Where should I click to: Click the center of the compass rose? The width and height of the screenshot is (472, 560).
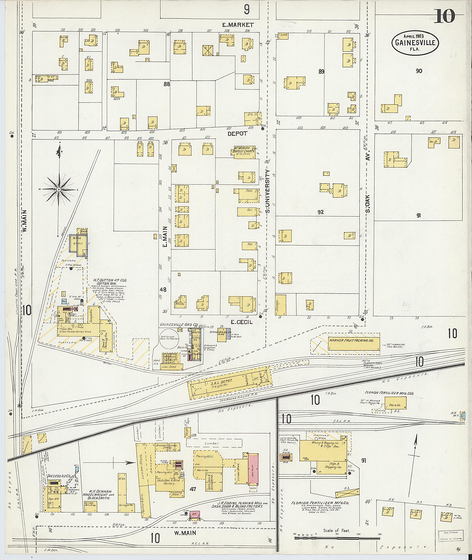tap(59, 190)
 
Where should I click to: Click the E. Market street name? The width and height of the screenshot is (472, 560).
tap(238, 25)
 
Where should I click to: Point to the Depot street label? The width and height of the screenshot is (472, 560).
tap(237, 133)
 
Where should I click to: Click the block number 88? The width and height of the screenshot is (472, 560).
tap(167, 84)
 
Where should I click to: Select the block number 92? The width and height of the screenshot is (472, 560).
tap(321, 212)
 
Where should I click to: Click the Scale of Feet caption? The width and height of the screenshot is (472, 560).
tap(336, 530)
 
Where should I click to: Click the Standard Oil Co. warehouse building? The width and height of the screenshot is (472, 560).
tap(221, 335)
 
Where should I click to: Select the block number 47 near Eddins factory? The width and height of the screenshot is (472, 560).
tap(193, 489)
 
